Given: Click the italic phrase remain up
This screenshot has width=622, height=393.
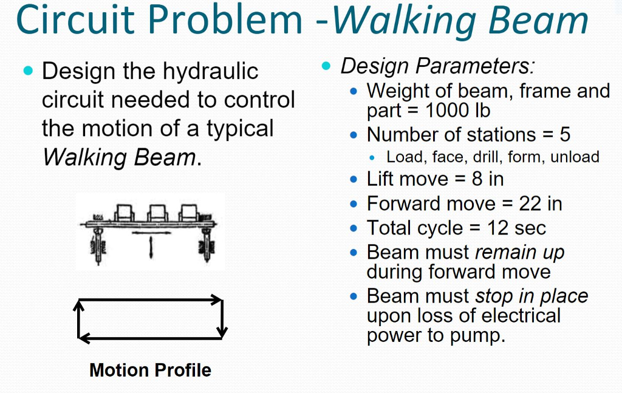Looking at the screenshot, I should coord(519,251).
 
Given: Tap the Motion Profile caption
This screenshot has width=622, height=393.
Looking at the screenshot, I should coord(150,369).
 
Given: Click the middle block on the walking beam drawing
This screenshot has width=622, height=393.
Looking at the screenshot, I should coord(158,213).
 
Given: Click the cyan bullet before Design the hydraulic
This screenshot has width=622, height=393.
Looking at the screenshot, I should coord(27,71).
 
